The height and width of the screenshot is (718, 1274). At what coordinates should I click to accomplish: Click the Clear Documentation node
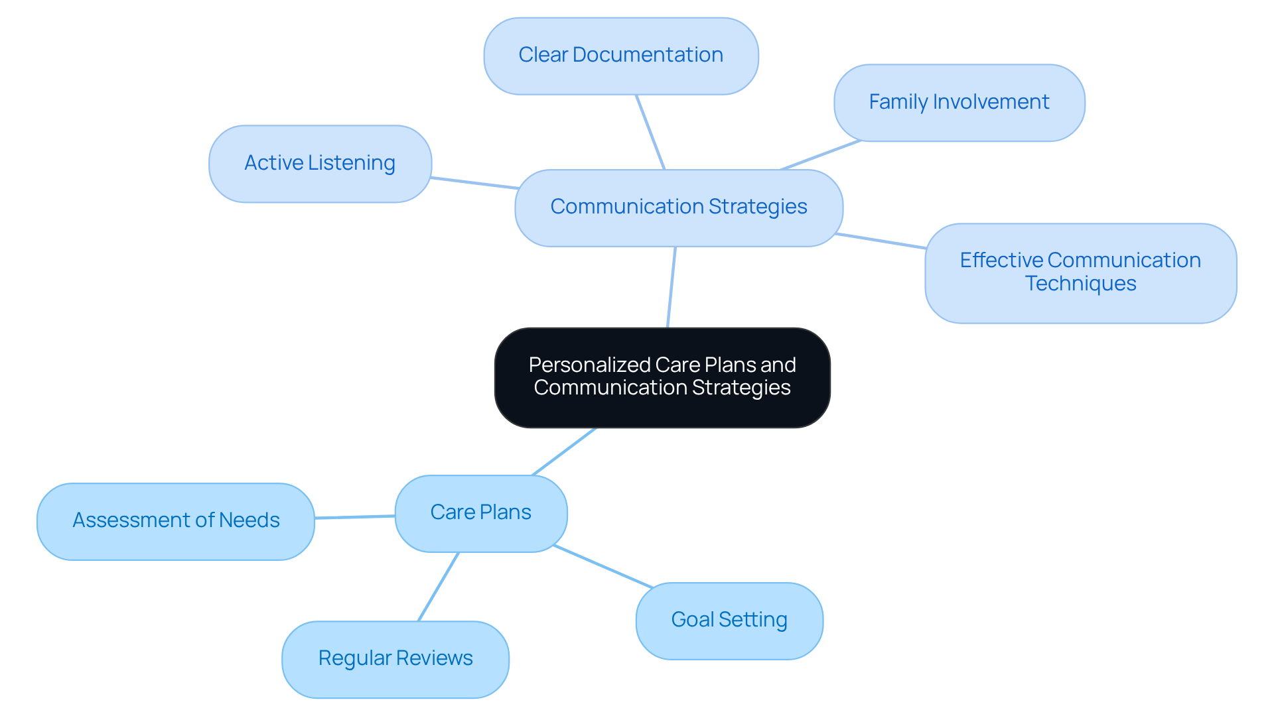click(x=620, y=56)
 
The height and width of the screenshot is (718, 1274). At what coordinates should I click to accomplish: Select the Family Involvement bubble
click(x=959, y=103)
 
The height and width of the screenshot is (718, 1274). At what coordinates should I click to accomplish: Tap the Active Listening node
click(x=320, y=164)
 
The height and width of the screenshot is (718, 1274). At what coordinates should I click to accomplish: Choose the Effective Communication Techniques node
click(x=1080, y=272)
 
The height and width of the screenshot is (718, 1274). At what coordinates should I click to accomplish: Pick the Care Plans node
click(x=480, y=513)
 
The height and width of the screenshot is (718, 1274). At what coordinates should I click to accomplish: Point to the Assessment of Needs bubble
click(x=176, y=521)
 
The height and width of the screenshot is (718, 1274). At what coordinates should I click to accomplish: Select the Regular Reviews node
click(x=395, y=659)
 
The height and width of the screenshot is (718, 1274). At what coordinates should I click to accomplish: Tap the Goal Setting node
click(x=729, y=621)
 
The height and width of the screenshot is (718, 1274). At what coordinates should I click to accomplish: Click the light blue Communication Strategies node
click(x=678, y=208)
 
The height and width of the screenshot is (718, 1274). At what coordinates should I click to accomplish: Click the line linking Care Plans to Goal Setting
click(x=602, y=566)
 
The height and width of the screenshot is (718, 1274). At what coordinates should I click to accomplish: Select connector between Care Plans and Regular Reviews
click(x=439, y=586)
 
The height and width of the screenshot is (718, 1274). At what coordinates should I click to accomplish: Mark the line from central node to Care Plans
click(x=564, y=451)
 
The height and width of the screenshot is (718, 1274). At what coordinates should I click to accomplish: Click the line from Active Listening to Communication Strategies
click(x=474, y=183)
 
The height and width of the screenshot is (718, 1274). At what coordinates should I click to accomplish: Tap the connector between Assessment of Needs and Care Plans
click(x=355, y=516)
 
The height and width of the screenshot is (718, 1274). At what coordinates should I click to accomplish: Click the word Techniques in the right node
click(x=1080, y=284)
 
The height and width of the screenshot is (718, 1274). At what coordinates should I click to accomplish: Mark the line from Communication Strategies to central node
click(x=672, y=286)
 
